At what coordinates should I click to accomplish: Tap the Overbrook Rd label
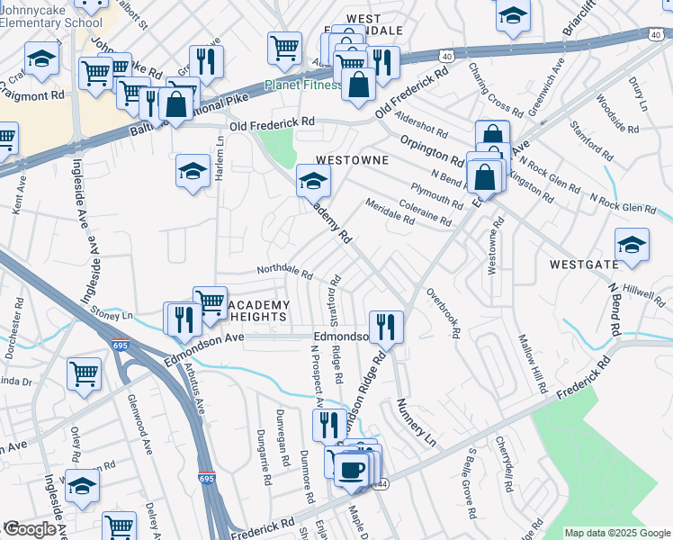tap(444, 312)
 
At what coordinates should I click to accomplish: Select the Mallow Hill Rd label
tap(532, 364)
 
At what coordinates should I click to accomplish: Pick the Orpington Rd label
tap(432, 150)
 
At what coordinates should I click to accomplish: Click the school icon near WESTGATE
tap(632, 245)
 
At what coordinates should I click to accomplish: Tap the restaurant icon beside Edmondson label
tap(386, 326)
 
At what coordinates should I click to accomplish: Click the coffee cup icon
tap(351, 468)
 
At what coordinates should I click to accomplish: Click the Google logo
tap(30, 529)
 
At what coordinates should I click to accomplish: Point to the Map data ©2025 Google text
tap(616, 533)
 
